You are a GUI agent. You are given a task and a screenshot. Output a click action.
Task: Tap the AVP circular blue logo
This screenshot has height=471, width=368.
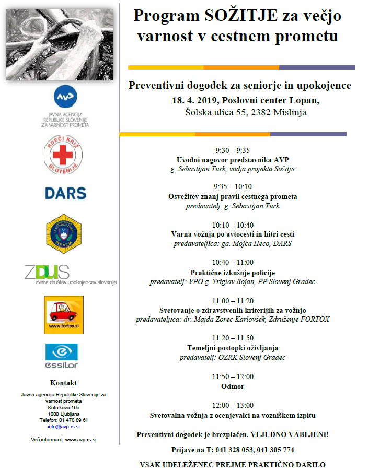(65, 97)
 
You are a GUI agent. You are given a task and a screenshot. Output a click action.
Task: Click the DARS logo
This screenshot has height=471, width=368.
(65, 193)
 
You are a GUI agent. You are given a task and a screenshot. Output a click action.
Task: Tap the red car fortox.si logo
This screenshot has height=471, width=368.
(63, 314)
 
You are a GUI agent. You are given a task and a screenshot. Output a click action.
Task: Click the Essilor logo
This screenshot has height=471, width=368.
(62, 355)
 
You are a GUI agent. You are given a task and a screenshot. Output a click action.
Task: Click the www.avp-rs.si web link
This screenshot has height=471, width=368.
(80, 440)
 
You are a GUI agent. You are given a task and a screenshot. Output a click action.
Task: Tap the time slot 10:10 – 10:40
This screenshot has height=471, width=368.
(233, 225)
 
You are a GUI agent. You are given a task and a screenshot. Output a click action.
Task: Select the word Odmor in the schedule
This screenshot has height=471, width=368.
(233, 387)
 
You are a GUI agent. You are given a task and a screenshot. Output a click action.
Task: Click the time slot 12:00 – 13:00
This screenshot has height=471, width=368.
(233, 405)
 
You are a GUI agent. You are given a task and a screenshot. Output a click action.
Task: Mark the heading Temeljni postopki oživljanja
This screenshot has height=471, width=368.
(233, 348)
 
